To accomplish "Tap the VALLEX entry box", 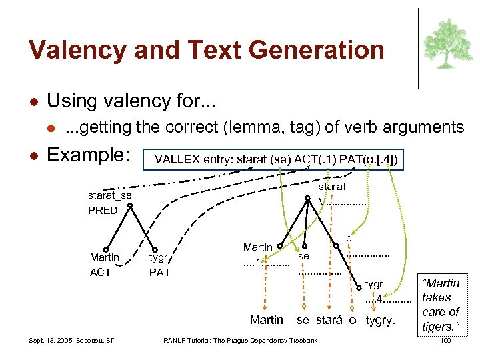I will (276, 159).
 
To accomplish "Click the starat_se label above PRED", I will (110, 195).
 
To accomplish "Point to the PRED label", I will (103, 210).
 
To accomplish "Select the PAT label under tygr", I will (159, 272).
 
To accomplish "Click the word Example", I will (87, 156).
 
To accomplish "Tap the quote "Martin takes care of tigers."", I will (441, 305).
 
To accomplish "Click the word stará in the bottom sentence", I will (329, 321).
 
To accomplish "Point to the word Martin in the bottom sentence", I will (266, 321).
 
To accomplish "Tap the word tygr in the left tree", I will (158, 258).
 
